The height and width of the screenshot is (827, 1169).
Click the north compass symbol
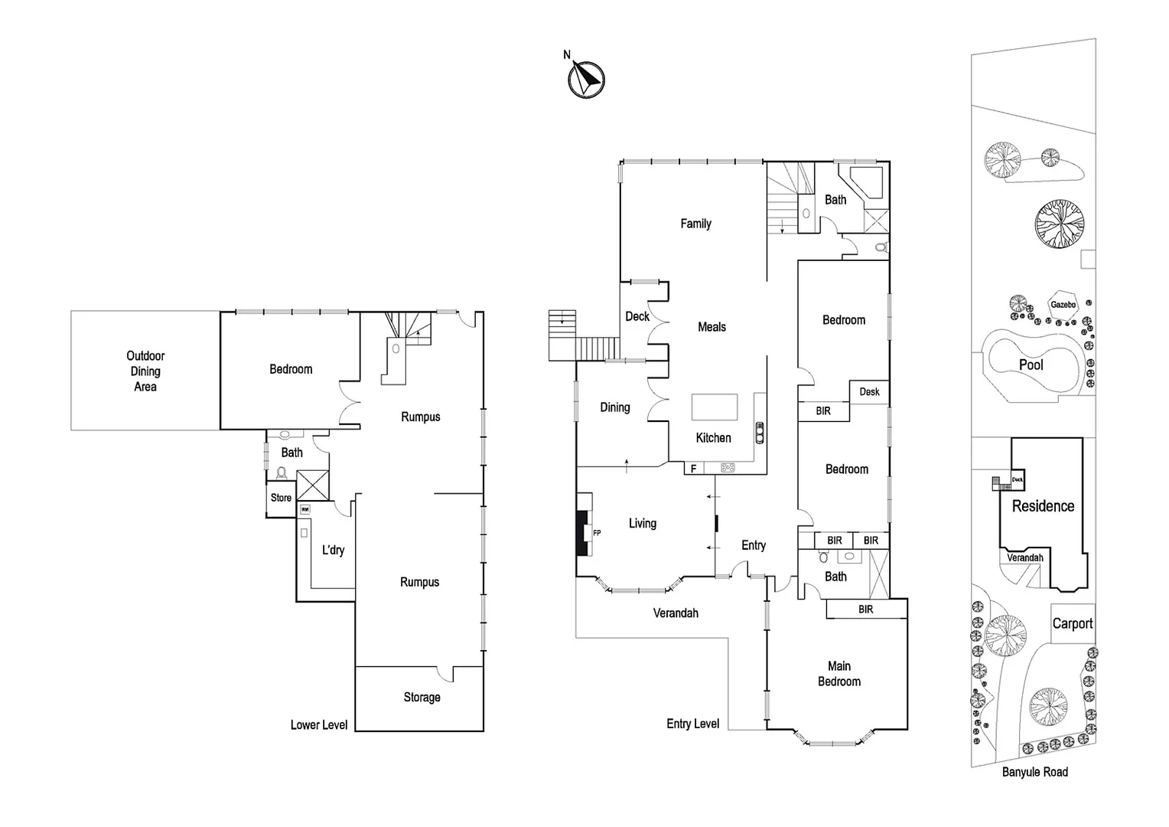tap(586, 79)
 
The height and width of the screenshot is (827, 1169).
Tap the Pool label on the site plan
tap(1031, 365)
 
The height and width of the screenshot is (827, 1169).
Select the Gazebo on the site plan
tap(1063, 305)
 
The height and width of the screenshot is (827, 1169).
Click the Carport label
tap(1072, 623)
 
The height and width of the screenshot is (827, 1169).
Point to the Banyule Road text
tap(1034, 772)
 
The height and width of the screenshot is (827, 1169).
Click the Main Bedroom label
tap(839, 674)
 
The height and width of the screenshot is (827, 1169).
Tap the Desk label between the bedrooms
tap(869, 392)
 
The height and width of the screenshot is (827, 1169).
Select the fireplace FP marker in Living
tap(597, 533)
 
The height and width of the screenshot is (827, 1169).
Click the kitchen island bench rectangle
tap(715, 407)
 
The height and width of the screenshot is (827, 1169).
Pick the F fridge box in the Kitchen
tap(694, 468)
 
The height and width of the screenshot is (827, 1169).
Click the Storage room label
tap(422, 698)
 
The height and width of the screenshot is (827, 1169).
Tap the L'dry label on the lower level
tap(333, 550)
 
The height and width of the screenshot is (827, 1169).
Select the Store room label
tap(281, 498)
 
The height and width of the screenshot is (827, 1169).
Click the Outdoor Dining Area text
tap(145, 371)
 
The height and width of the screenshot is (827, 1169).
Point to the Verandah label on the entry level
tap(676, 613)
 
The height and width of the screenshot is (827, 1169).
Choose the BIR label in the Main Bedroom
tap(865, 610)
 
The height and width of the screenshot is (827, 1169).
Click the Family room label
tap(695, 224)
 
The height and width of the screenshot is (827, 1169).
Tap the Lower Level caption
tap(319, 724)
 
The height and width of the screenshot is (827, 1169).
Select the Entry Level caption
tap(692, 724)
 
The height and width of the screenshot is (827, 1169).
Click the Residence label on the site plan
tap(1043, 506)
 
